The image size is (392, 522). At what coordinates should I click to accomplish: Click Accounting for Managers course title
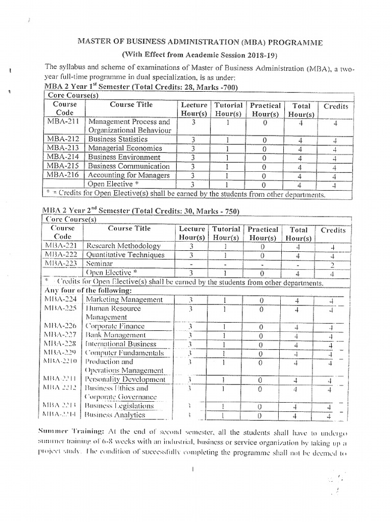128,175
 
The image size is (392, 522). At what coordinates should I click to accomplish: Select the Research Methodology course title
125,246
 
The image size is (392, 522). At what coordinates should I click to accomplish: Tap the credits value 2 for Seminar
333,264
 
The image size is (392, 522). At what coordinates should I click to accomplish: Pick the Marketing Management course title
125,299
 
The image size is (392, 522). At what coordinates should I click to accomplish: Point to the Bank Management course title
115,335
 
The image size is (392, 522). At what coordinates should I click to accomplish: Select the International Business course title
121,344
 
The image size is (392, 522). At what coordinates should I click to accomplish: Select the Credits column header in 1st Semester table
335,107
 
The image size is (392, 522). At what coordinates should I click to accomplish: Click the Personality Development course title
125,379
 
